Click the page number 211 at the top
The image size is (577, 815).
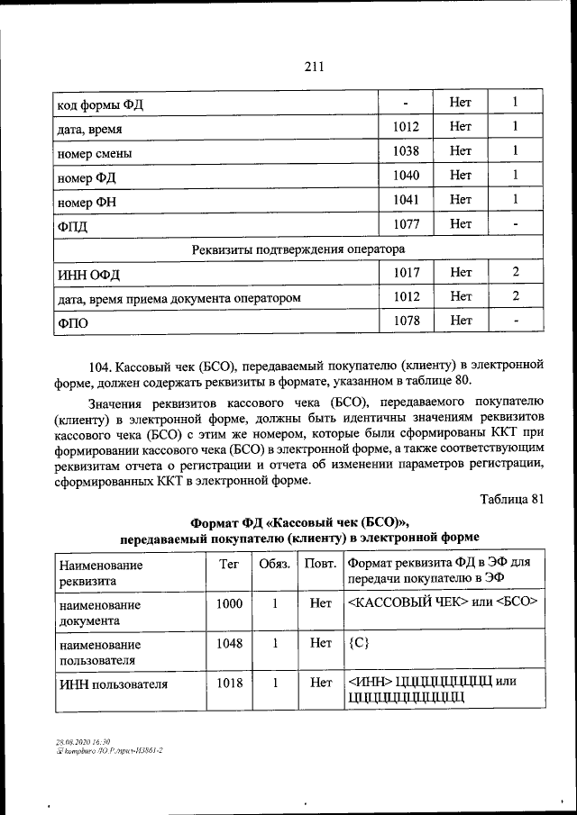coord(314,66)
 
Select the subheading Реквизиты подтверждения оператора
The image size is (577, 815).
coord(298,248)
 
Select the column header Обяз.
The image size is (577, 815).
coord(274,565)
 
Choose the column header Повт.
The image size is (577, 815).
coord(316,565)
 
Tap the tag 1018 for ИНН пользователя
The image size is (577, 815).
coord(229,684)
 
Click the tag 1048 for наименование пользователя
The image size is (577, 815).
coord(229,644)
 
